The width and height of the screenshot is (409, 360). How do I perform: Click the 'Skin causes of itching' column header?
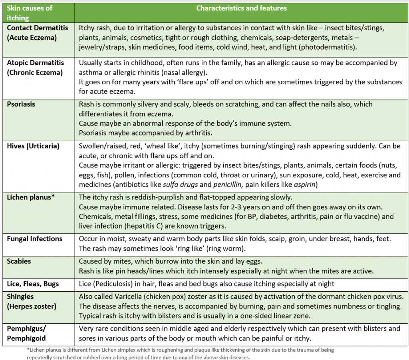[30, 13]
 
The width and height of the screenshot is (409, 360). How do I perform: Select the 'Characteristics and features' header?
[241, 8]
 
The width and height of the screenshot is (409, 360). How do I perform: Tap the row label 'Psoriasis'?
[21, 104]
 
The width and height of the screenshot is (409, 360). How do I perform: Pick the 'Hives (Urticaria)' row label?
[33, 146]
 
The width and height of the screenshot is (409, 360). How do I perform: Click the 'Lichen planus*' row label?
[31, 197]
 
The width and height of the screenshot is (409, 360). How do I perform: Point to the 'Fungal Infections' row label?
[35, 239]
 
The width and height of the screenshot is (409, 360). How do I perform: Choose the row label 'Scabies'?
[19, 261]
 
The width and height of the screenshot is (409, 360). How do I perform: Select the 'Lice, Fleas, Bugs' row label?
[33, 284]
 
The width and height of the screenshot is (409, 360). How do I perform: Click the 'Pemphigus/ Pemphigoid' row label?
[26, 333]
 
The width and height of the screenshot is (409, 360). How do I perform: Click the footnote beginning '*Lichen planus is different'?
[180, 354]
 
